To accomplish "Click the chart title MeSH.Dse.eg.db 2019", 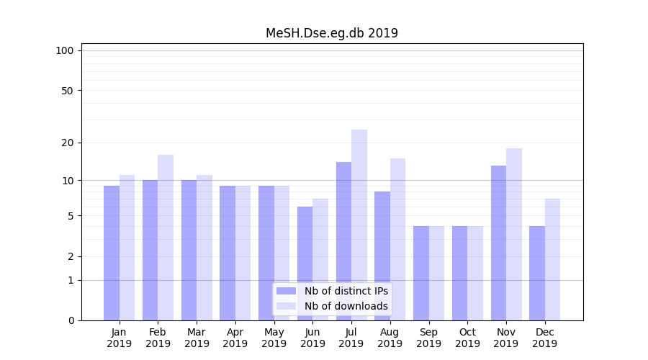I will [x=331, y=33].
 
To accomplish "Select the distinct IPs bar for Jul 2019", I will [x=343, y=241].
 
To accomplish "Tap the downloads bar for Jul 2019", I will [x=359, y=225].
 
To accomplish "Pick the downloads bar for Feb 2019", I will [x=166, y=238].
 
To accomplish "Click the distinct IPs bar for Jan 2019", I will [x=112, y=253].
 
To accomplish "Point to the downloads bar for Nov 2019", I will [x=514, y=234].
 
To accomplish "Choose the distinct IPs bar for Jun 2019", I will [x=305, y=264].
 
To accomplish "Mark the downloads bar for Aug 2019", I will [x=398, y=239].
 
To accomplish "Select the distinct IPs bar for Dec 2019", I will [x=537, y=273].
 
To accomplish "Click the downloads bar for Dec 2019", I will [x=553, y=259].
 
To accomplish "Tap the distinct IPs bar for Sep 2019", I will [x=421, y=273].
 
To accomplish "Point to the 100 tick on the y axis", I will [x=66, y=50].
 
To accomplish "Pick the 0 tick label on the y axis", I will [x=71, y=320].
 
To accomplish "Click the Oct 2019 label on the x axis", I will [x=467, y=338].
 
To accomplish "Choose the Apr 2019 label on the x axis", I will [x=235, y=338].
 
